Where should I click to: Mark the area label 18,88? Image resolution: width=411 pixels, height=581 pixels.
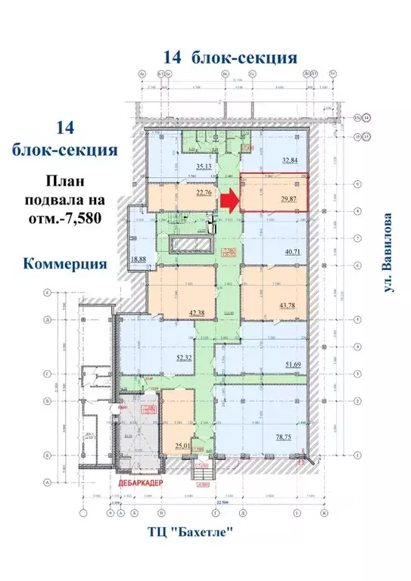tap(139, 258)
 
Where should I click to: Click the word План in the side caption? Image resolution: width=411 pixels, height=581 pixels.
tap(64, 182)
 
